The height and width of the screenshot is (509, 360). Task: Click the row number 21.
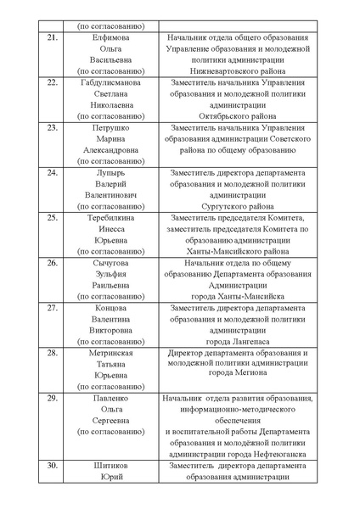click(x=53, y=39)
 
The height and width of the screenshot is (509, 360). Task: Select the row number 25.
click(x=53, y=217)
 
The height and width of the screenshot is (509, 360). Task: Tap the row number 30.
click(x=53, y=465)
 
